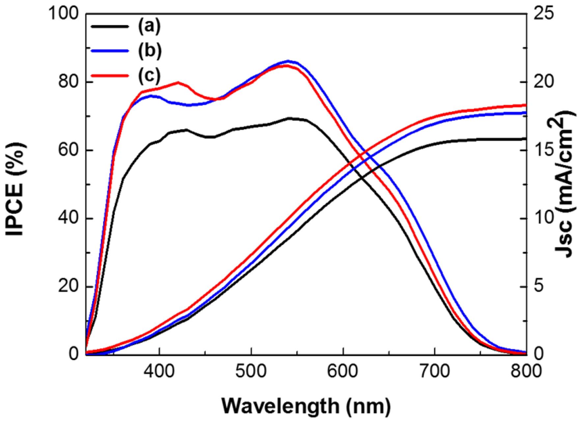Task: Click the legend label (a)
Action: pyautogui.click(x=149, y=26)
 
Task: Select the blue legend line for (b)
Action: pyautogui.click(x=110, y=50)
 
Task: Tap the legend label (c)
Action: pyautogui.click(x=149, y=75)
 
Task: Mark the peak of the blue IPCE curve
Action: pyautogui.click(x=288, y=61)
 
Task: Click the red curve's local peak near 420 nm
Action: pyautogui.click(x=178, y=82)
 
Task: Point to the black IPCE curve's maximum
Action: pyautogui.click(x=289, y=118)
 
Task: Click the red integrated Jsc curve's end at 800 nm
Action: pyautogui.click(x=526, y=105)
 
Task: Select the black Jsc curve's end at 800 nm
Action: pyautogui.click(x=526, y=139)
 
